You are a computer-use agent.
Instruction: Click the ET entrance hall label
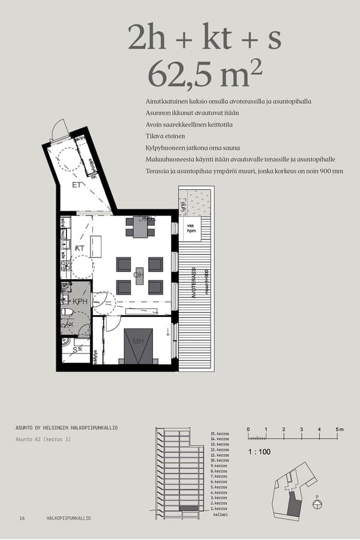click(77, 184)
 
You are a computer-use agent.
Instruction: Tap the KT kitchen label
click(79, 247)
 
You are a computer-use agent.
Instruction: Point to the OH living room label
click(138, 275)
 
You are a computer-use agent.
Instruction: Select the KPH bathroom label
click(80, 301)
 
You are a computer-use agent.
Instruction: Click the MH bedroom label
click(138, 342)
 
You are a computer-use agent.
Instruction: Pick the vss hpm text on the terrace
click(191, 229)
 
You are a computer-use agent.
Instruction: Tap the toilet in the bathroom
click(67, 312)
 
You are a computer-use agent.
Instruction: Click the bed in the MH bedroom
click(139, 346)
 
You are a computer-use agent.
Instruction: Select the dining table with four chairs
click(140, 227)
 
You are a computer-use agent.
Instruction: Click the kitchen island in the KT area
click(96, 247)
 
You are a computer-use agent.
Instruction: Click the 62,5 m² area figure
click(205, 75)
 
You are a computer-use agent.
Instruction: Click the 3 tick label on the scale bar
click(301, 430)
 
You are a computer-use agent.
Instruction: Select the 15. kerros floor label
click(220, 433)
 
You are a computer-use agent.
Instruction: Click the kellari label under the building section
click(220, 515)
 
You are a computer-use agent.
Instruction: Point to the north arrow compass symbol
click(317, 505)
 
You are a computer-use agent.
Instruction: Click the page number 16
click(22, 518)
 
